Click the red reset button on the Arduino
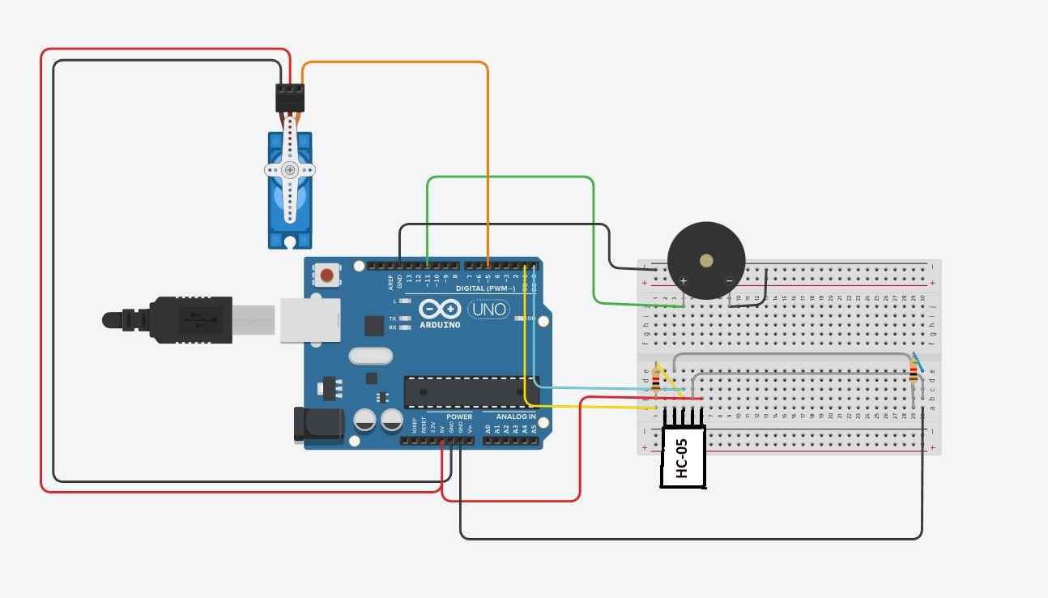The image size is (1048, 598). point(326,276)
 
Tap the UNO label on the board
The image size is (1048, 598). point(489,310)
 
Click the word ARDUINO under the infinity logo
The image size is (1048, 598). point(441,325)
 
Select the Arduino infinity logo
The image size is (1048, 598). point(440,309)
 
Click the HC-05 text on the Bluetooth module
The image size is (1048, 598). point(681,459)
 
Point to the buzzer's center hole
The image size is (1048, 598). point(706,261)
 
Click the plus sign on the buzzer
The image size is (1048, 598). point(684,281)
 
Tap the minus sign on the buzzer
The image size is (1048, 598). point(729,281)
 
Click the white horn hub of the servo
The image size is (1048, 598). point(290,170)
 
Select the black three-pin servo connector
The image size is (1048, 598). point(290,98)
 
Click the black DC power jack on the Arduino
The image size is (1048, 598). point(318,425)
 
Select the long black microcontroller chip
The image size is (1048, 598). point(470,392)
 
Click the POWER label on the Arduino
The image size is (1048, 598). point(459,417)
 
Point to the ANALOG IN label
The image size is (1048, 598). point(516,417)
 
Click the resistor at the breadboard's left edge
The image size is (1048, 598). point(656,378)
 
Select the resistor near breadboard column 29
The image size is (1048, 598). point(914,374)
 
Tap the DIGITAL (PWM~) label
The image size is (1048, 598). point(485,288)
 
